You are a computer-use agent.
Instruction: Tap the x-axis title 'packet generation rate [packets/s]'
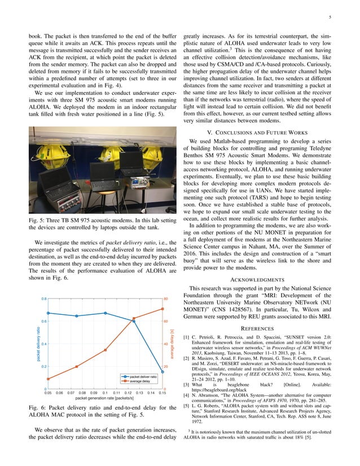(105, 398)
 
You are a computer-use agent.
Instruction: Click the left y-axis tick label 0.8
(43, 299)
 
